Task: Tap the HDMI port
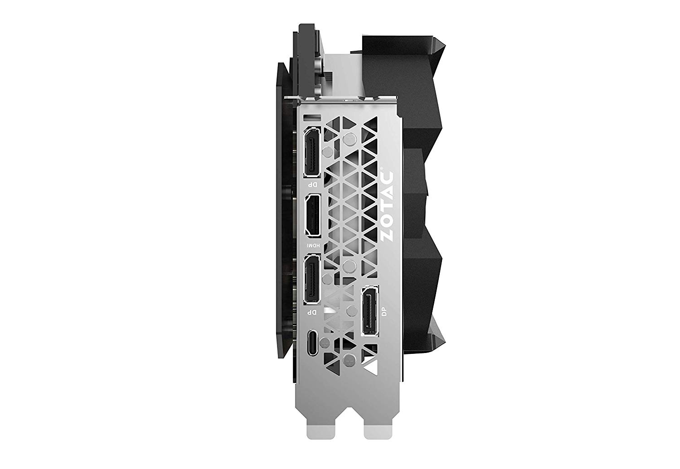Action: (311, 215)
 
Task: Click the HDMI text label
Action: (312, 247)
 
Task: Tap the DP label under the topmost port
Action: (312, 184)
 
